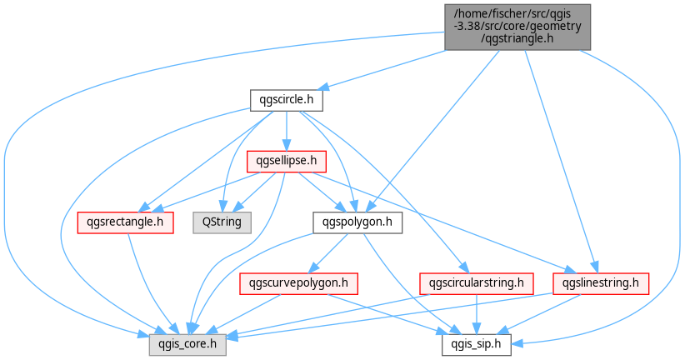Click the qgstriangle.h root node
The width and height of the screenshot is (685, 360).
pos(517,27)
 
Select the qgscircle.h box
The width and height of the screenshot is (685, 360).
pos(287,100)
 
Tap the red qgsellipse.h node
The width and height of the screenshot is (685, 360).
pos(286,161)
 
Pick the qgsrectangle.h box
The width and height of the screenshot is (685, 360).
pos(125,222)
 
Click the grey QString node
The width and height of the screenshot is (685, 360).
pos(222,222)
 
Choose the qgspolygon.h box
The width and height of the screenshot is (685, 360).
pos(357,222)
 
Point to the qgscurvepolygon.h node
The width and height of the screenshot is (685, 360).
pos(299,283)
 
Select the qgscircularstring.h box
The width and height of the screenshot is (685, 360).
pos(477,283)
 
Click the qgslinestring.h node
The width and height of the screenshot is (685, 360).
pos(601,283)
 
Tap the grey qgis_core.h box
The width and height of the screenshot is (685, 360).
pos(187,345)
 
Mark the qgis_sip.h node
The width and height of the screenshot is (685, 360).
pos(477,345)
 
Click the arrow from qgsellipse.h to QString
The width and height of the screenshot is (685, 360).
pos(254,192)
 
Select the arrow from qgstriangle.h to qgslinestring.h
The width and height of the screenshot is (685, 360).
pos(560,162)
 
